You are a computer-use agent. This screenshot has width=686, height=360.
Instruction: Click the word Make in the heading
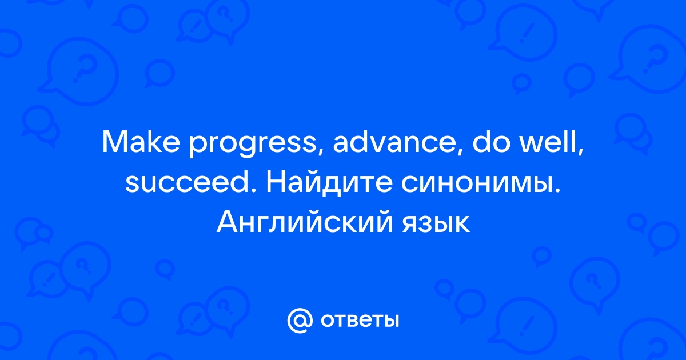pyautogui.click(x=141, y=143)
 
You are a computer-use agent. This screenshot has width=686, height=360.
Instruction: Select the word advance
pyautogui.click(x=394, y=143)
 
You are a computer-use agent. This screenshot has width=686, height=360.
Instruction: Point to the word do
pyautogui.click(x=492, y=143)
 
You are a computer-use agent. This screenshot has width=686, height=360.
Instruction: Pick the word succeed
pyautogui.click(x=188, y=182)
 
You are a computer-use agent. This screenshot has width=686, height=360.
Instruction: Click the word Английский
pyautogui.click(x=304, y=222)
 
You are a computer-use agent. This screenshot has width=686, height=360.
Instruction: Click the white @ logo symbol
pyautogui.click(x=300, y=320)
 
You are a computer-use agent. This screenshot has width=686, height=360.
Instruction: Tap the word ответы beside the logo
pyautogui.click(x=360, y=321)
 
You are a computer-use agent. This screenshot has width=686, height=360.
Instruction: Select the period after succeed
pyautogui.click(x=254, y=191)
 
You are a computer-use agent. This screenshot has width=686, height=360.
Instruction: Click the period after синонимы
pyautogui.click(x=557, y=191)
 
